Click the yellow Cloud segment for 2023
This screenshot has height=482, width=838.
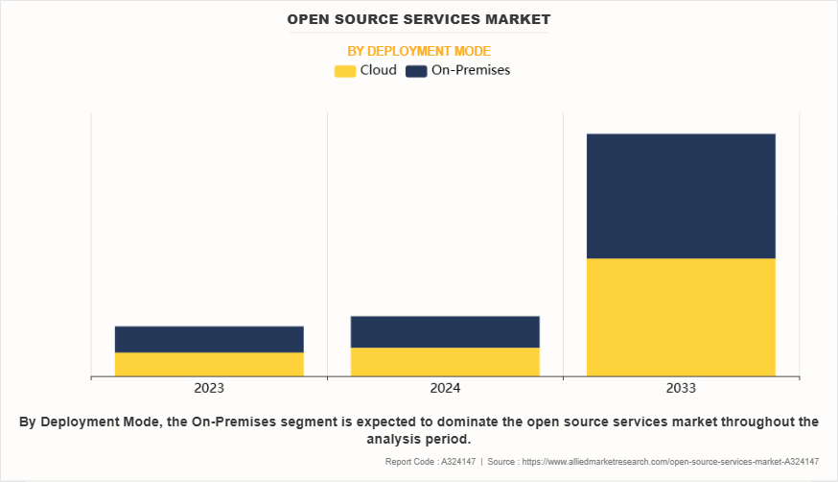tap(209, 364)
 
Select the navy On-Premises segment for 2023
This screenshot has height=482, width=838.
tap(209, 339)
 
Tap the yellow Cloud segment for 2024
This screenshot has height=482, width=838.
tap(445, 361)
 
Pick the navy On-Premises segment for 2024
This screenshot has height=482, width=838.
tap(445, 331)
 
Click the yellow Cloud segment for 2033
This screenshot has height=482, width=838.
tap(681, 317)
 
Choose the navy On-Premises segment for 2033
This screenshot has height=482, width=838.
tap(681, 196)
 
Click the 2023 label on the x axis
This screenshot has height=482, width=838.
tap(209, 388)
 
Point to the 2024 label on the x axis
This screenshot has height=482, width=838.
tap(445, 388)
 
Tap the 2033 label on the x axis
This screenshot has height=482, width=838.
tap(681, 388)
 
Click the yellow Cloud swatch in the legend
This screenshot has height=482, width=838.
tap(344, 70)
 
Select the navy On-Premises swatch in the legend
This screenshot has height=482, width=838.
tap(416, 70)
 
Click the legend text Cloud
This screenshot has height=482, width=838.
tap(378, 70)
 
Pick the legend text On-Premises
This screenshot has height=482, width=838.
tap(471, 70)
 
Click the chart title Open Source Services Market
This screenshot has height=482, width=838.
tap(419, 19)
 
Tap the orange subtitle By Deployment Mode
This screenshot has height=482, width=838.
tap(419, 51)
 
